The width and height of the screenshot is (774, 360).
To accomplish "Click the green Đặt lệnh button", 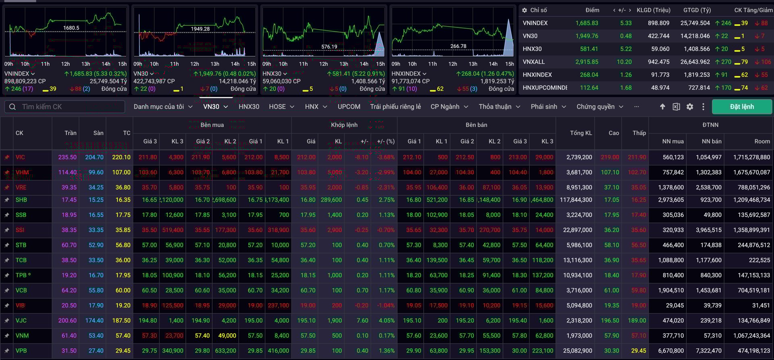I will [742, 107].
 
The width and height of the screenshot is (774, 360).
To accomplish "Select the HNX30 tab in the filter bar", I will [249, 107].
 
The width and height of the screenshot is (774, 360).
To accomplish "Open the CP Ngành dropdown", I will [449, 107].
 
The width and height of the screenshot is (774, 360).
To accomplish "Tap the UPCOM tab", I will [349, 107].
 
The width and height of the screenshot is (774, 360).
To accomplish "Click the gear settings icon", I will [690, 107].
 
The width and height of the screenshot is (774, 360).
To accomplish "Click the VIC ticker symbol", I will [20, 157].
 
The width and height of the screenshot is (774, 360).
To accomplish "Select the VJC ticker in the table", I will [21, 320].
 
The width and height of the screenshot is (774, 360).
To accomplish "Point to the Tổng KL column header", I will [581, 133].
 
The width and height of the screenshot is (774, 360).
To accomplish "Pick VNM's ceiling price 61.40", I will [69, 336].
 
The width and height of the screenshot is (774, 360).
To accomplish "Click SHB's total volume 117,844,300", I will [576, 200].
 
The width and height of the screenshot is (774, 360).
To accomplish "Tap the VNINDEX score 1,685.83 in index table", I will [587, 23].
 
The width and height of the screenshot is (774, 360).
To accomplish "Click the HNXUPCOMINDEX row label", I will [545, 87].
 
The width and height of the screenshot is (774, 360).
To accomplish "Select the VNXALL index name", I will [534, 62].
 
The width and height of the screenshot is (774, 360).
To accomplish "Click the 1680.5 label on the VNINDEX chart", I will [71, 28].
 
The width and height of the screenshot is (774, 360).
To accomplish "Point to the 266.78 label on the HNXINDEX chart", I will [458, 46].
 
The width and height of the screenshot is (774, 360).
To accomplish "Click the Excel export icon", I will [676, 107].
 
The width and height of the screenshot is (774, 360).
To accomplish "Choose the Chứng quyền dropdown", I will [599, 107].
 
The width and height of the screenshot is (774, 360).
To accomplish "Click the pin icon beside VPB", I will [7, 351].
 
